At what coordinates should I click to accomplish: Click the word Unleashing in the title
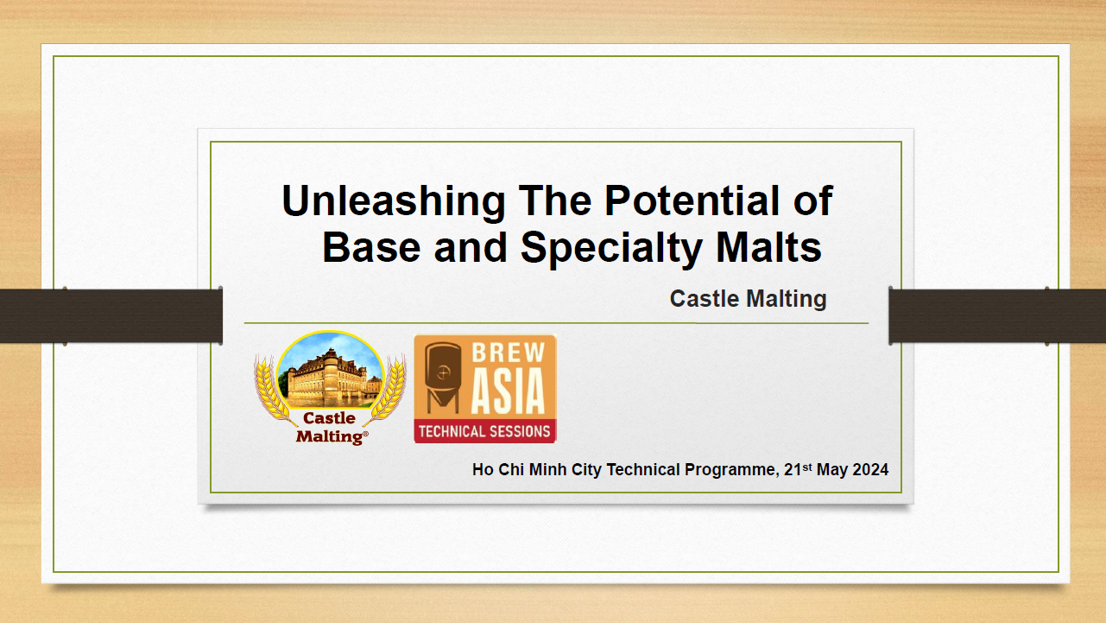(x=394, y=201)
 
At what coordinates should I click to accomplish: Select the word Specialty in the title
(x=612, y=248)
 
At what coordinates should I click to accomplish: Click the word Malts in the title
(x=768, y=246)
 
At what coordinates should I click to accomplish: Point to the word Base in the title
(x=371, y=246)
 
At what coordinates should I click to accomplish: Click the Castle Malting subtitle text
(x=748, y=299)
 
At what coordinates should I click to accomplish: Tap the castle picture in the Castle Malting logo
(x=330, y=370)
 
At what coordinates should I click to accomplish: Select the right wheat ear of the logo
(x=387, y=390)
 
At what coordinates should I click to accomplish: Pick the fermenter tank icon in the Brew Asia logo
(x=443, y=377)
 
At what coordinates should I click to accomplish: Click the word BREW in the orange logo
(x=508, y=353)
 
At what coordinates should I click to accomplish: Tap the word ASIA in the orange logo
(x=508, y=391)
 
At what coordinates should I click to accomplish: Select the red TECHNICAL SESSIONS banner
(x=485, y=431)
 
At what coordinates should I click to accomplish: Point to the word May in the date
(x=832, y=470)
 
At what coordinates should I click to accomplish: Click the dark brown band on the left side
(x=111, y=315)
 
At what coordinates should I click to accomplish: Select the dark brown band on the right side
(x=997, y=315)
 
